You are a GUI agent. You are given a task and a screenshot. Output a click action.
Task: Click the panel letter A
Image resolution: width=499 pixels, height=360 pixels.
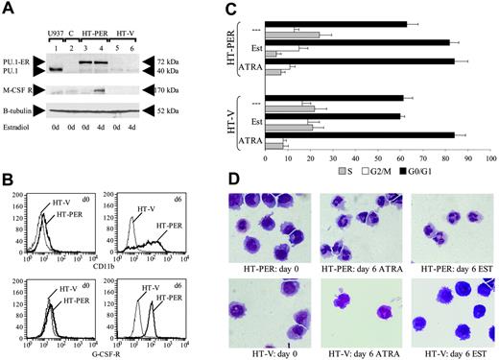[x=8, y=9]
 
